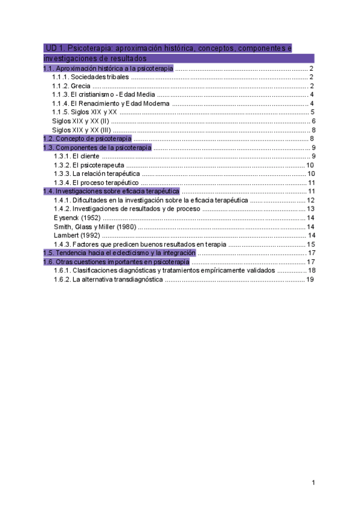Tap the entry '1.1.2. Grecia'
72,86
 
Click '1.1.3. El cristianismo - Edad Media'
104,95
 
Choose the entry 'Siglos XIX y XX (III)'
82,130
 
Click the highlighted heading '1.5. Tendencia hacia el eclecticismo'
119,253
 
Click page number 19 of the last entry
310,279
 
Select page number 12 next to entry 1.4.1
310,200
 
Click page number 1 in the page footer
313,483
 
